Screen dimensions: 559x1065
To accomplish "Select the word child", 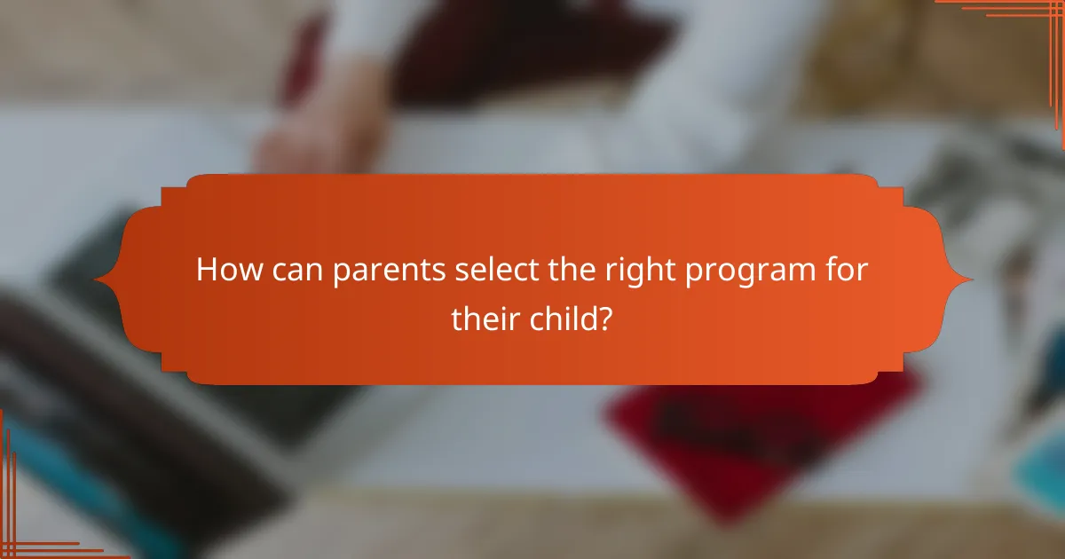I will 564,318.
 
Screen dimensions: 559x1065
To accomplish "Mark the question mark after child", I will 605,318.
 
